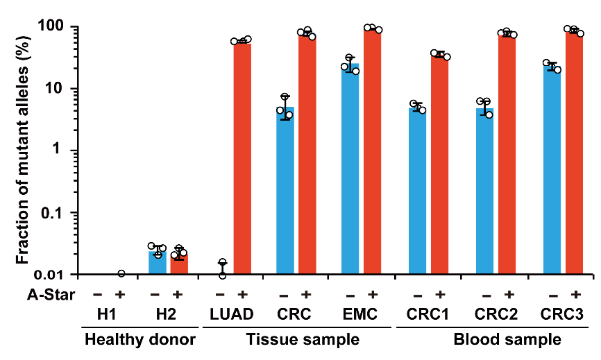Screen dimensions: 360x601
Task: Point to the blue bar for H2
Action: coord(156,263)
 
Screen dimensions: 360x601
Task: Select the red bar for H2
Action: coord(178,264)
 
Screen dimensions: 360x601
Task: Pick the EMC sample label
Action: coord(362,316)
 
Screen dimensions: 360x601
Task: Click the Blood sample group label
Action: coord(507,341)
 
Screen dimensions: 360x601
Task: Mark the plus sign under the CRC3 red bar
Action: coord(575,293)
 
